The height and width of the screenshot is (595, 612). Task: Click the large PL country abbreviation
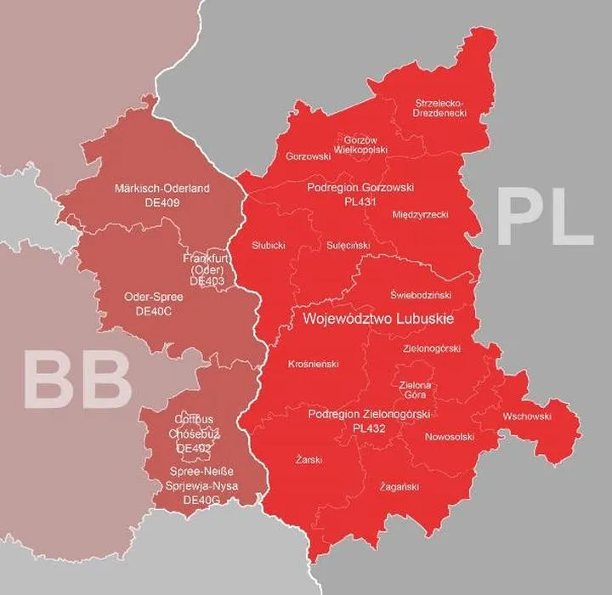pos(544,218)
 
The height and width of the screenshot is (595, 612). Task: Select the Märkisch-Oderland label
pos(161,187)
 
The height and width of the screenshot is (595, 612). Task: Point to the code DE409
pos(161,202)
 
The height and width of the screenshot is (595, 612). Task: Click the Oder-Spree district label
pos(153,297)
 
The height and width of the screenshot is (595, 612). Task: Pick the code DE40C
pos(153,312)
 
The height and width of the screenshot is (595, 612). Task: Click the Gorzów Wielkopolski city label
pos(365,144)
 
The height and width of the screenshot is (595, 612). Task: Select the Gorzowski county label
pos(309,156)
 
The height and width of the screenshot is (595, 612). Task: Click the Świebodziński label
pos(421,295)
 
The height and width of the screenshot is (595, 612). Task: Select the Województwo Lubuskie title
pos(377,319)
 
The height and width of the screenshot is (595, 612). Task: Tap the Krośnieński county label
pos(313,364)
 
